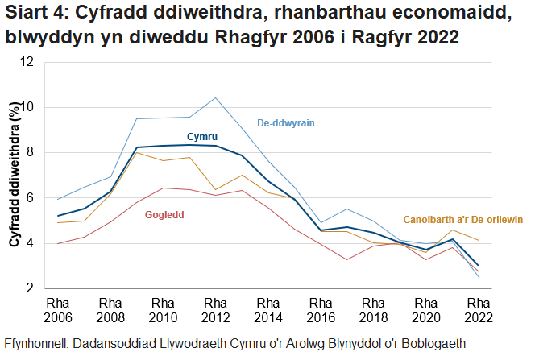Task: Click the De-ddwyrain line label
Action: pyautogui.click(x=285, y=123)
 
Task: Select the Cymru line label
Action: pyautogui.click(x=202, y=137)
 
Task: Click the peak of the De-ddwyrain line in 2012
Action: pyautogui.click(x=215, y=98)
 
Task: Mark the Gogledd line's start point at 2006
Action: pyautogui.click(x=57, y=243)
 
